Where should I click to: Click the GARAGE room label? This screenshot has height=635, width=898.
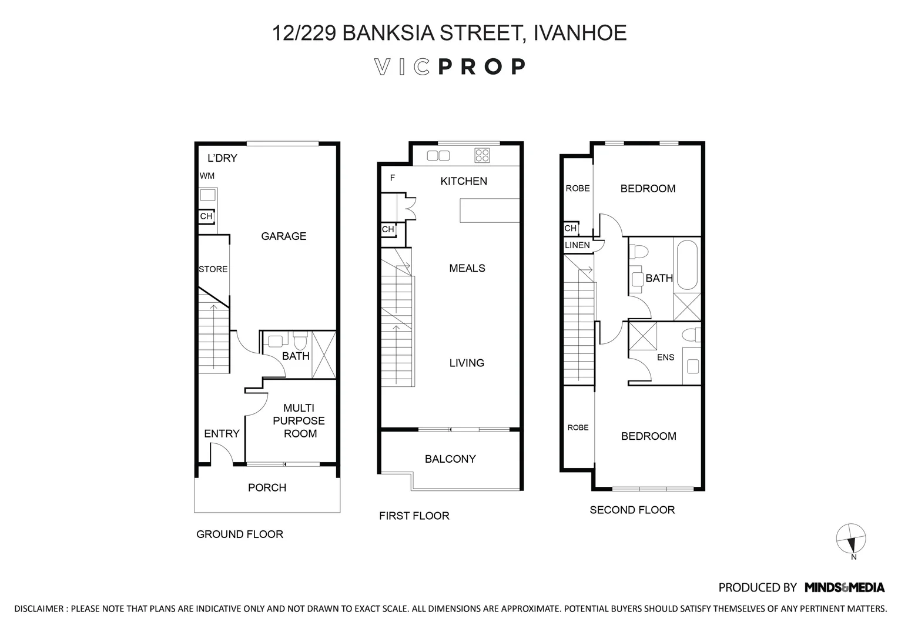click(283, 236)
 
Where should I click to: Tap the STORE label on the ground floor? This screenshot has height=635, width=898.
click(213, 269)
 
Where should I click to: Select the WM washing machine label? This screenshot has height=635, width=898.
click(207, 176)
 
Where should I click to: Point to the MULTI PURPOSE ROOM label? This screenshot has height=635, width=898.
click(300, 421)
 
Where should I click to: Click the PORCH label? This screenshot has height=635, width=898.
click(267, 487)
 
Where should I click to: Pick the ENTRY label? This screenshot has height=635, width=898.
click(222, 434)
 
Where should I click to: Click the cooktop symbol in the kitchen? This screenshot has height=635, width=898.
click(482, 155)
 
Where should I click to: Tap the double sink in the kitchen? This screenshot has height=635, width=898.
click(438, 155)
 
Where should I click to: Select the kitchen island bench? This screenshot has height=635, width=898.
click(490, 210)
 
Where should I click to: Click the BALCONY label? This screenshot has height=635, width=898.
click(450, 459)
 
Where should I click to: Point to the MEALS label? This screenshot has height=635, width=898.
click(467, 268)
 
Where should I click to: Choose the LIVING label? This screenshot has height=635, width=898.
click(467, 363)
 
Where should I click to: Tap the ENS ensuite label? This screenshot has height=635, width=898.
click(665, 357)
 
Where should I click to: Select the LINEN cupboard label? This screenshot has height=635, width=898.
click(577, 245)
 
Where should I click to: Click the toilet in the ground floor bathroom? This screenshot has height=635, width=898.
click(300, 341)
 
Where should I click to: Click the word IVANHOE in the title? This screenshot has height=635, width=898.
click(579, 33)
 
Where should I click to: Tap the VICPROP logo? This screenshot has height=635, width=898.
click(450, 67)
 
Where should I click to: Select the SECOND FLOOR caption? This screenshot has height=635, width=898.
click(632, 510)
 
